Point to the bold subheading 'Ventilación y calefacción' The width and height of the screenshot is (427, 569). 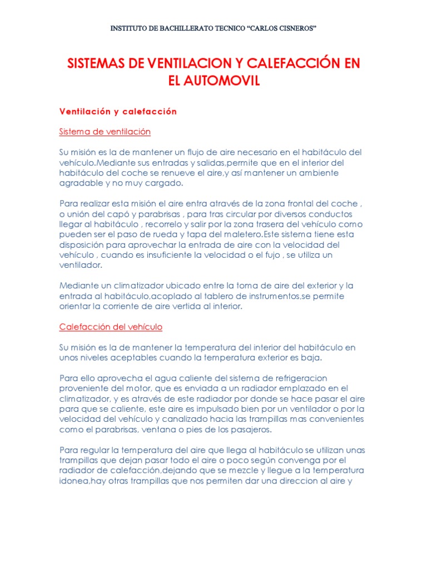[118, 112]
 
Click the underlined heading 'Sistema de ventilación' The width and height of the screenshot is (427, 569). [105, 132]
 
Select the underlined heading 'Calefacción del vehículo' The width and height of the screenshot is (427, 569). [111, 327]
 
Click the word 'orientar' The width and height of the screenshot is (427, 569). [76, 306]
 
